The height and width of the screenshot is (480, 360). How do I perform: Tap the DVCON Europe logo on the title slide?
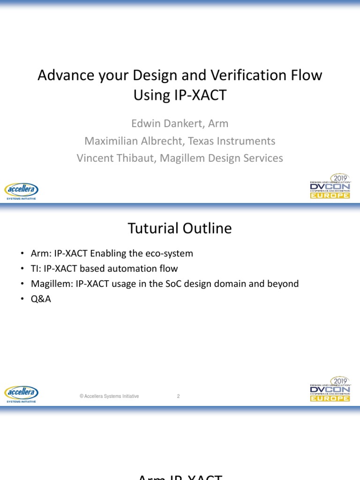click(x=330, y=186)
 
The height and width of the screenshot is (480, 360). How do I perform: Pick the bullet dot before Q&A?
click(x=22, y=299)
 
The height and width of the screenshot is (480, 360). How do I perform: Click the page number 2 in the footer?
click(x=178, y=396)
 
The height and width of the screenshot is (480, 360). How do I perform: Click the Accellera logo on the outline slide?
click(x=21, y=394)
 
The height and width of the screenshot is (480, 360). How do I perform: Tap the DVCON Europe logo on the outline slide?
click(x=330, y=389)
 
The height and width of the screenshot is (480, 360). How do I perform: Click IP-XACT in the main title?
click(x=180, y=95)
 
